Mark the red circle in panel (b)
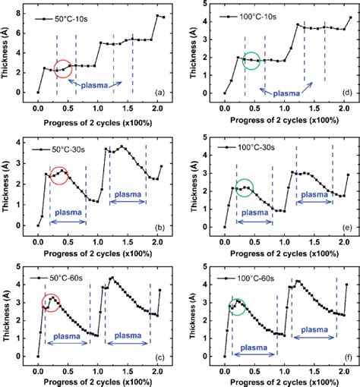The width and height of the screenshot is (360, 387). (58, 175)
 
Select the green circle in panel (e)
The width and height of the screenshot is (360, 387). (245, 188)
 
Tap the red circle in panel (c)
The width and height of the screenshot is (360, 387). (53, 304)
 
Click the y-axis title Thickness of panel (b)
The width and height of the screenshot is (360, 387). (9, 181)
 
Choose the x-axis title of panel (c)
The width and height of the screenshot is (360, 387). (99, 379)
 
